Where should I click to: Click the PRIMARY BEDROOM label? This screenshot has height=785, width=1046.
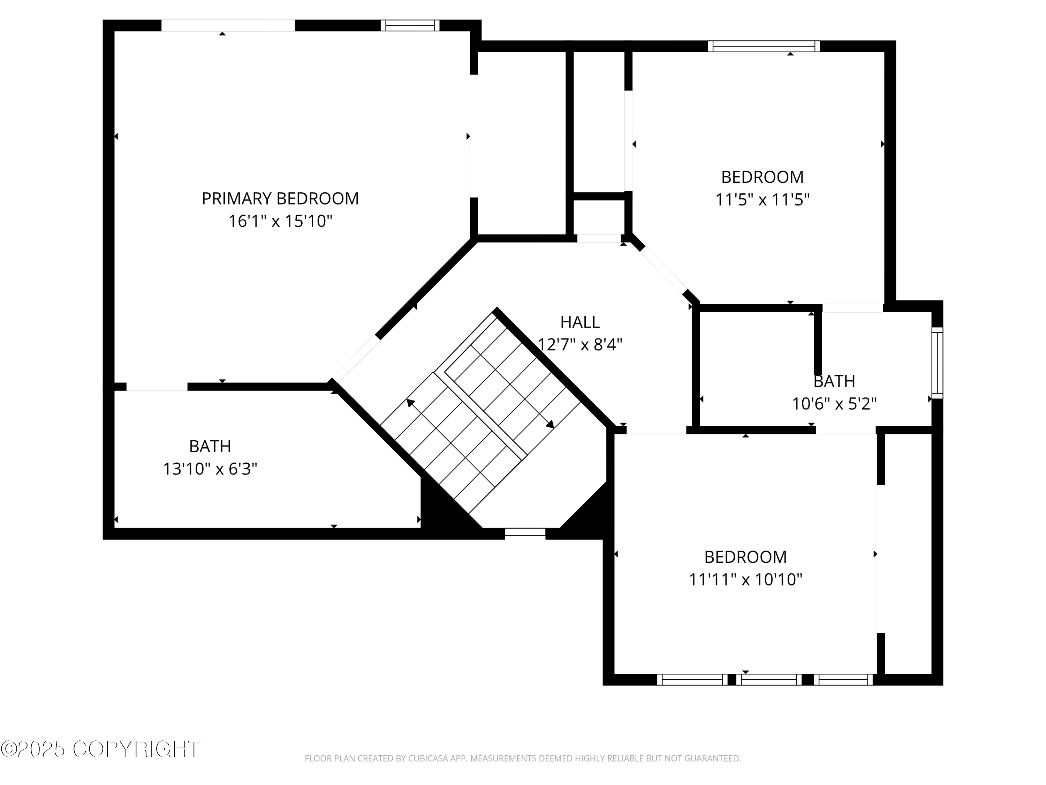[x=280, y=198]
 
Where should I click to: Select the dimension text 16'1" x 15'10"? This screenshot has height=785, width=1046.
[x=280, y=221]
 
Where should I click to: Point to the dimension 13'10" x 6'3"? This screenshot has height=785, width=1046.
[x=210, y=469]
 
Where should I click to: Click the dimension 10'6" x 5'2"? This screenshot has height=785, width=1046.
[x=834, y=404]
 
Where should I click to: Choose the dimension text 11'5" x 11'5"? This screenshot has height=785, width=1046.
[x=762, y=200]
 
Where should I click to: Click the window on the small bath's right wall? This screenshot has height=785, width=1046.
[x=937, y=363]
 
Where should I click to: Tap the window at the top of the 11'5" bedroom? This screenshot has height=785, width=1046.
[x=763, y=46]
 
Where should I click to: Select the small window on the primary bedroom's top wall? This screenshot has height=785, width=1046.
[x=410, y=25]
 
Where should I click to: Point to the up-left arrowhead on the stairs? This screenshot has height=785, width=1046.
[x=410, y=403]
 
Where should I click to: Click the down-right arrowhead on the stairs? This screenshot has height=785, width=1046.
[x=550, y=425]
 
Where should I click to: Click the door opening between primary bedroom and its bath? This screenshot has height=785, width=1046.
[x=157, y=387]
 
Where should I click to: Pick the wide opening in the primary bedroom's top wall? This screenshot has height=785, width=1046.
[x=228, y=25]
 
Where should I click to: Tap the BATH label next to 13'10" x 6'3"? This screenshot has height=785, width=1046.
[x=210, y=446]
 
